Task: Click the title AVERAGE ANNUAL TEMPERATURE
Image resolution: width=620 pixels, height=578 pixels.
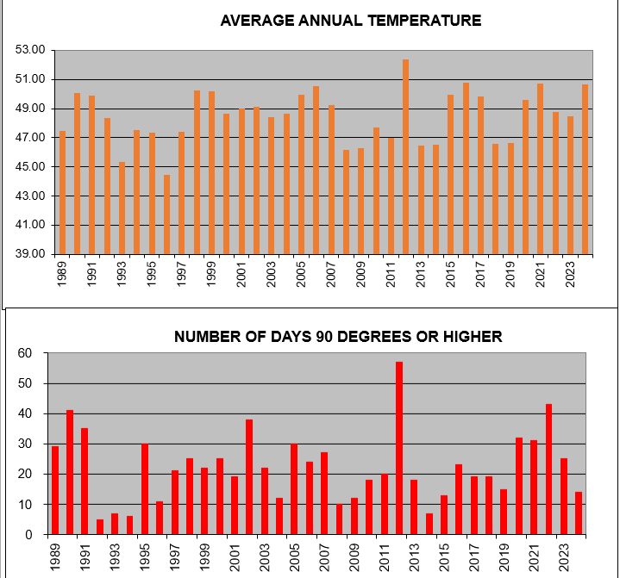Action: click(x=350, y=20)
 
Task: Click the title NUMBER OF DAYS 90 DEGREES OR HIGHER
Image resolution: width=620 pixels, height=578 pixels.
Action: click(x=338, y=336)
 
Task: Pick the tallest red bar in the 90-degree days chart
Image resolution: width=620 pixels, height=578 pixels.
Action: click(x=399, y=448)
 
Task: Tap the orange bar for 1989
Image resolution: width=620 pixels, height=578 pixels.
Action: click(x=62, y=193)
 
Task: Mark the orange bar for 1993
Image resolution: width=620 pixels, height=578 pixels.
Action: click(x=122, y=208)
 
